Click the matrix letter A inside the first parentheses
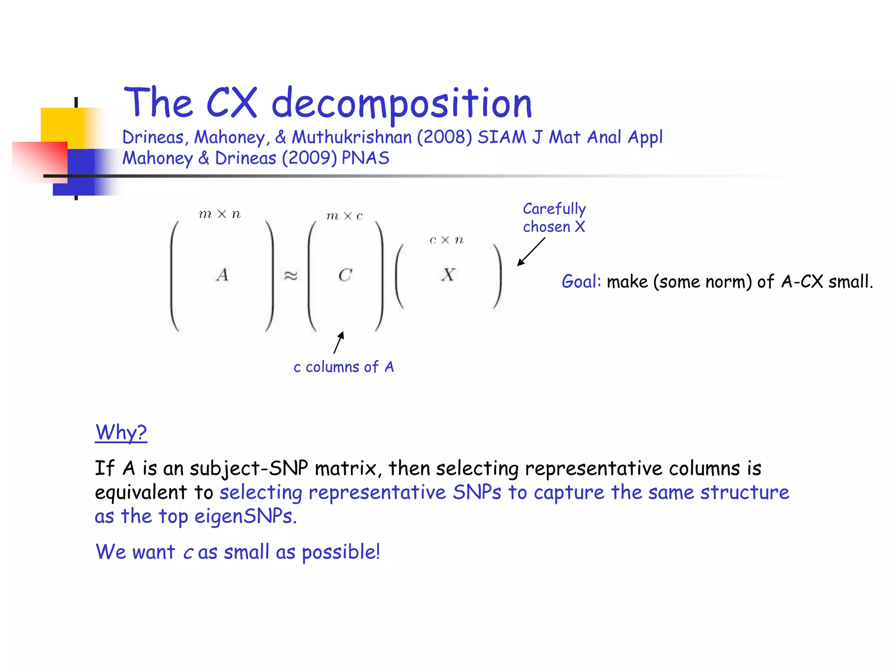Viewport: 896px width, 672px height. click(x=222, y=275)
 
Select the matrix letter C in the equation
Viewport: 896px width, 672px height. click(x=345, y=275)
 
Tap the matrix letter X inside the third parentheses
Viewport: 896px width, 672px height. click(x=448, y=275)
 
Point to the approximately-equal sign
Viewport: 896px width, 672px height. click(x=290, y=276)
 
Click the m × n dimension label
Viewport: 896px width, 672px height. click(x=220, y=214)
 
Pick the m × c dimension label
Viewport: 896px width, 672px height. click(x=345, y=216)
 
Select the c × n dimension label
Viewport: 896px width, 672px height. click(x=446, y=240)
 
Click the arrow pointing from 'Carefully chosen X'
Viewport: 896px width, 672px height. click(x=531, y=252)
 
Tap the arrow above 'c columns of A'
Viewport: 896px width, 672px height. click(x=339, y=342)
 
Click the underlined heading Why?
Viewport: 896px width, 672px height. click(x=121, y=433)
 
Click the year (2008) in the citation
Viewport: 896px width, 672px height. click(x=444, y=137)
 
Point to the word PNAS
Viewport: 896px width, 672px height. click(x=365, y=158)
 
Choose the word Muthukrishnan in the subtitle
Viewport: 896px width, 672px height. click(x=352, y=137)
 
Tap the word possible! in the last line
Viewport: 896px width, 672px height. click(x=341, y=552)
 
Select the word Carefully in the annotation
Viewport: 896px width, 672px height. click(x=554, y=209)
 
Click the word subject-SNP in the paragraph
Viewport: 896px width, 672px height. click(x=249, y=469)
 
